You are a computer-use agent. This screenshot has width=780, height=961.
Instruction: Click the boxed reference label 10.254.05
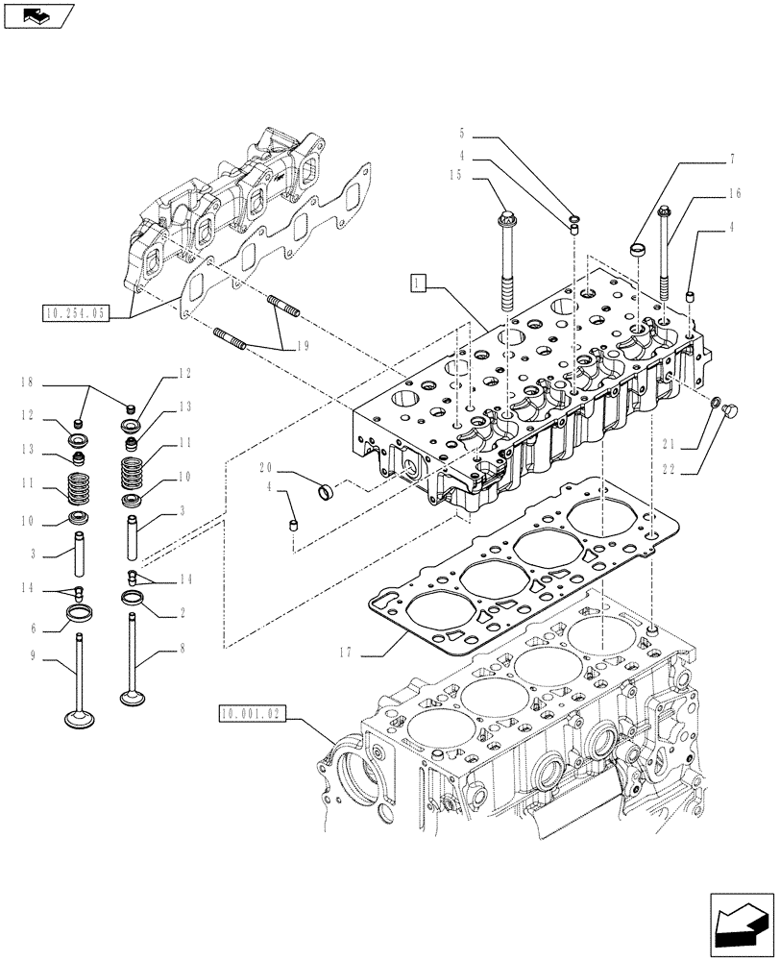pyautogui.click(x=77, y=312)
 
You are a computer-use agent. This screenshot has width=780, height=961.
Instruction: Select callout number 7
pyautogui.click(x=732, y=156)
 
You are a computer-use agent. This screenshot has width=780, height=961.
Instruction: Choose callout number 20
pyautogui.click(x=266, y=467)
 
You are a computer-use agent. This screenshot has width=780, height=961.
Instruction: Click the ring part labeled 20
pyautogui.click(x=326, y=495)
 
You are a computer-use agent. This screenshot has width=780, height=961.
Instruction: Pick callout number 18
pyautogui.click(x=26, y=383)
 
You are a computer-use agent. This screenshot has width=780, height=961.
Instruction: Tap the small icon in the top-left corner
pyautogui.click(x=37, y=15)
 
